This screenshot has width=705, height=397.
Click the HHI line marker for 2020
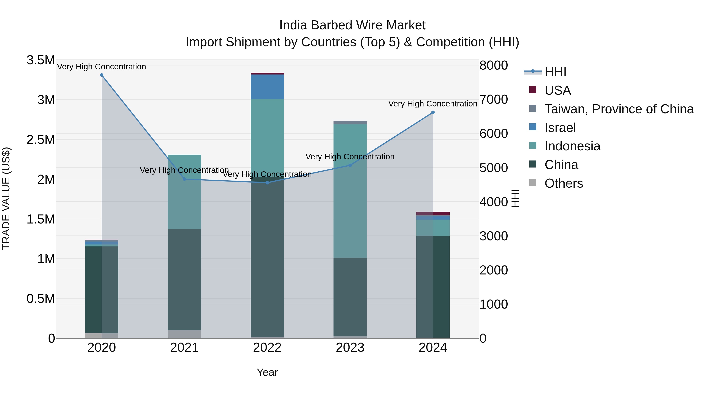tap(101, 75)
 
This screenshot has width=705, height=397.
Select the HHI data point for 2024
tap(433, 112)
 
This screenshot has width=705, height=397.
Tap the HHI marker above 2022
tap(267, 183)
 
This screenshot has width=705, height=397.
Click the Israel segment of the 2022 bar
tap(267, 87)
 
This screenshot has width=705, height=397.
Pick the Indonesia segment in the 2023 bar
tap(350, 192)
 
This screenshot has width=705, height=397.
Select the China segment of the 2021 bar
tap(184, 279)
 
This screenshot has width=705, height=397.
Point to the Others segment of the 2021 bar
tap(184, 334)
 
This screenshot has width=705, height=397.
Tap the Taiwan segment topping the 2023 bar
tap(350, 123)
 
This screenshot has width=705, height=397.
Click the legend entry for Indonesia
tap(572, 146)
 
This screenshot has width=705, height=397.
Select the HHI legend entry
tap(555, 72)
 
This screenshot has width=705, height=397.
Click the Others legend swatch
tap(533, 183)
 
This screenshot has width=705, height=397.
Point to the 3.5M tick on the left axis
tap(41, 60)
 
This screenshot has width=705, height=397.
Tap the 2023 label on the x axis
tap(350, 348)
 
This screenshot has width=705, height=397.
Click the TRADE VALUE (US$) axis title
tap(6, 198)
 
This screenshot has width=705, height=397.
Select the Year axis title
tap(267, 372)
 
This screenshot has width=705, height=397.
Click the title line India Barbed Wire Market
tap(352, 25)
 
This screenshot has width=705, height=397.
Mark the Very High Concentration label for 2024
tap(433, 104)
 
